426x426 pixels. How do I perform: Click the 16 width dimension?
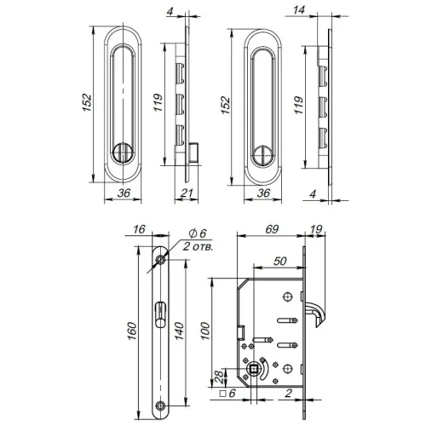[140, 229]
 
